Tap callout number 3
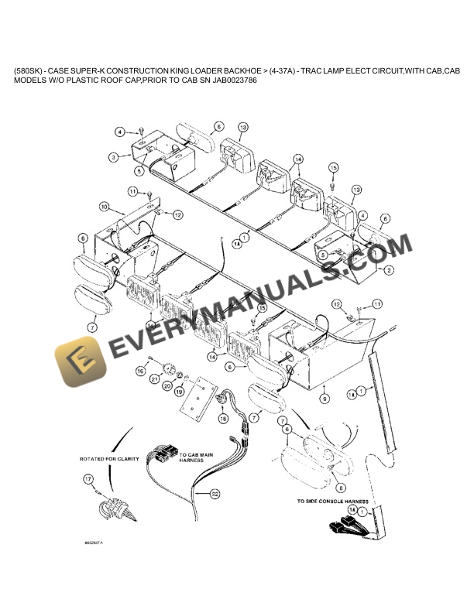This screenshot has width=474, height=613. [x=113, y=156]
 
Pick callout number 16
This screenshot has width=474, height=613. [x=140, y=372]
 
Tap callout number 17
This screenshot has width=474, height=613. [x=87, y=480]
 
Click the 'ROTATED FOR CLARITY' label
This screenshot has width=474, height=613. [x=109, y=458]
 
